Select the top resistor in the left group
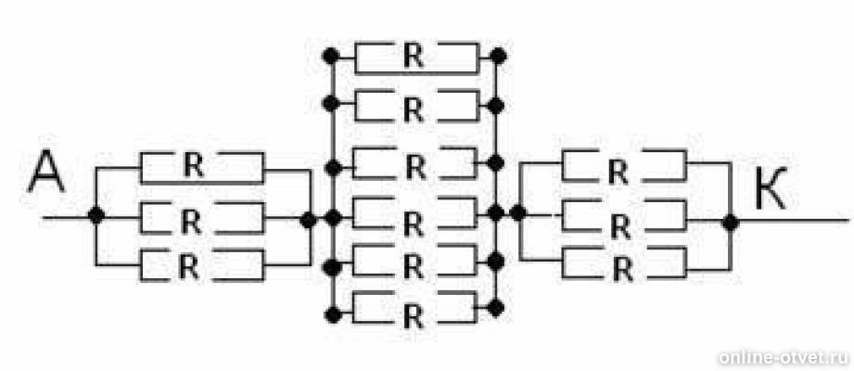pos(202,168)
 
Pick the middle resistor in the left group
pos(202,218)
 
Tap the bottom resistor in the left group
pos(202,265)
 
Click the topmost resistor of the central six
pos(416,57)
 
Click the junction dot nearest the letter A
pos(96,216)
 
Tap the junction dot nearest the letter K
pos(730,222)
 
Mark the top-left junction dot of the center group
pos(331,56)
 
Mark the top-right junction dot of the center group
pos(498,56)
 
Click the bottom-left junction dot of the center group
pos(332,314)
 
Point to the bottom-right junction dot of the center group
pos(495,308)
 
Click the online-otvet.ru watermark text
pos(784,357)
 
